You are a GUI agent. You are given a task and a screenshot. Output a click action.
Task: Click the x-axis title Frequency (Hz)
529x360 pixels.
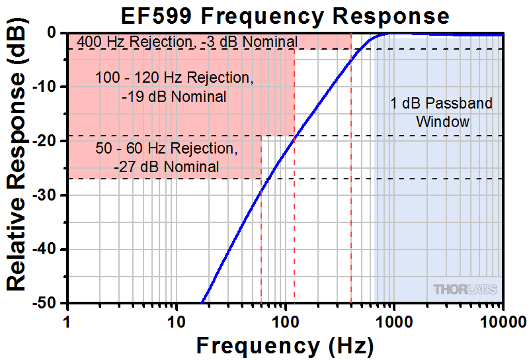pyautogui.click(x=285, y=345)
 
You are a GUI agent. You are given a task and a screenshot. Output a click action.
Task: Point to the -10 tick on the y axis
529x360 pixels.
pyautogui.click(x=50, y=87)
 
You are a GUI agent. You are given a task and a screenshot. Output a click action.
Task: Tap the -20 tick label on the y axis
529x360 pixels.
pyautogui.click(x=50, y=141)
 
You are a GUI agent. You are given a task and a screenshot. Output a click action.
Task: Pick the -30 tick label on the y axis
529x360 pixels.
pyautogui.click(x=50, y=195)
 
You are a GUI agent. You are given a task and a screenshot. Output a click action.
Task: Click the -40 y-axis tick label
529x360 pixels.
pyautogui.click(x=50, y=249)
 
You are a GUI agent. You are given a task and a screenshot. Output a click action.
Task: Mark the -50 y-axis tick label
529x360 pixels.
pyautogui.click(x=50, y=304)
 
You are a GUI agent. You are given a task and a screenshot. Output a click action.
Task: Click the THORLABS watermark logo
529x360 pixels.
pyautogui.click(x=465, y=289)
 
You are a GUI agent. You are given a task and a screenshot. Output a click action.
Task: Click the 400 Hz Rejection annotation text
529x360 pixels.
pyautogui.click(x=187, y=42)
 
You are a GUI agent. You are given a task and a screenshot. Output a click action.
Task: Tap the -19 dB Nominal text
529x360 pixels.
pyautogui.click(x=174, y=97)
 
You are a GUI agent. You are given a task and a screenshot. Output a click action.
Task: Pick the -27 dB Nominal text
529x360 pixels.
pyautogui.click(x=166, y=166)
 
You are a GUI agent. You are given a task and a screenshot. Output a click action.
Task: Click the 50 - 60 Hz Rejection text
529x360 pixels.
pyautogui.click(x=166, y=148)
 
